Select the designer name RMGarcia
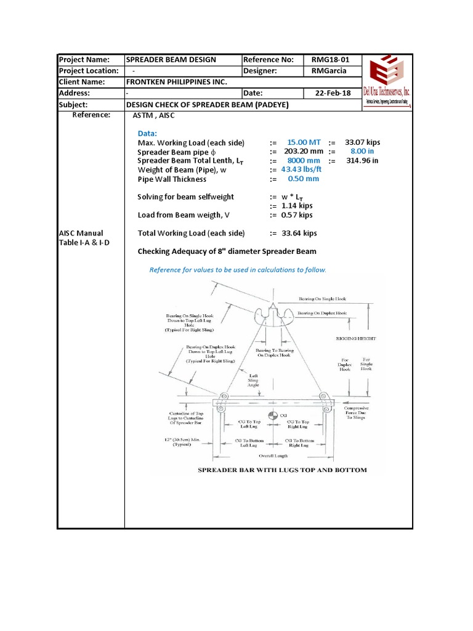(329, 71)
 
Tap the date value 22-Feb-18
(332, 93)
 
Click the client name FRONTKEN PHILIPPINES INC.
(176, 82)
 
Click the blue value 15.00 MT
(304, 142)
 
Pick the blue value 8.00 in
(362, 151)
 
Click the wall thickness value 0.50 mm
(303, 179)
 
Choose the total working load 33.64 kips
(299, 234)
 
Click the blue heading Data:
(147, 133)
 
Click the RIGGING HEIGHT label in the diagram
(355, 338)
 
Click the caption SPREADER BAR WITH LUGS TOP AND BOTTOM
(281, 470)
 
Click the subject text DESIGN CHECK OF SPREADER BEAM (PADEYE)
(207, 105)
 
